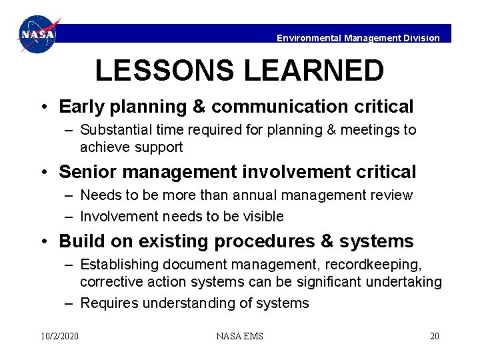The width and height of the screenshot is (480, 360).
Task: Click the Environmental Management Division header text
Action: click(x=358, y=38)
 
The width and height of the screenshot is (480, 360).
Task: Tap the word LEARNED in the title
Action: click(x=319, y=71)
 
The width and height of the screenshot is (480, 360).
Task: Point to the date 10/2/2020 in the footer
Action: click(x=59, y=336)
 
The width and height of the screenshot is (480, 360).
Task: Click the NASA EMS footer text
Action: click(x=239, y=336)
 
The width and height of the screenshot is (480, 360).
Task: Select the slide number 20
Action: click(x=434, y=336)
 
